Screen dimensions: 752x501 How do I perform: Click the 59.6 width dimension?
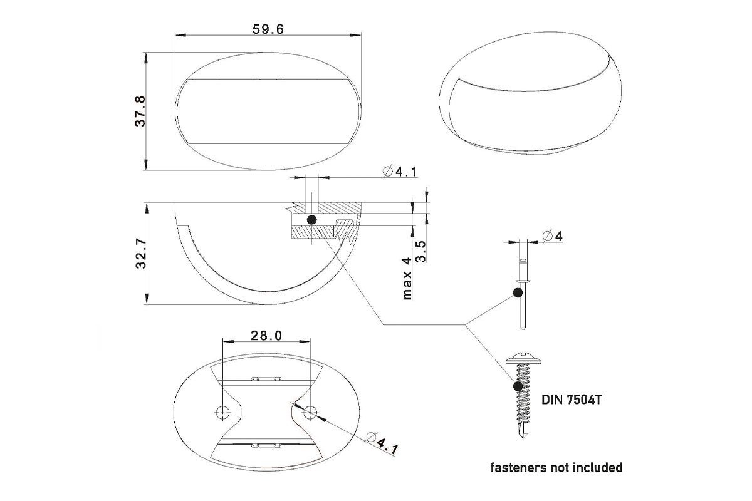point(268,29)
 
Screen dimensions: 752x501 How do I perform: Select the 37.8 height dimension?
point(140,111)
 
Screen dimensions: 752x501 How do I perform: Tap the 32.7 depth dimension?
point(141,254)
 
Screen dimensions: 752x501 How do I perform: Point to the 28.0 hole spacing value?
point(266,335)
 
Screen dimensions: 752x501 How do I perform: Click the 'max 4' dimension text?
point(407,278)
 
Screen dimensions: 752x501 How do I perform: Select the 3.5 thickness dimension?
point(420,251)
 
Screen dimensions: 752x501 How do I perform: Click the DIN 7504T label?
point(572,400)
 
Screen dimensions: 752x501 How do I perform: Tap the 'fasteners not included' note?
point(556,467)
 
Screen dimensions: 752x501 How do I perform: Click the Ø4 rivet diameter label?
point(553,236)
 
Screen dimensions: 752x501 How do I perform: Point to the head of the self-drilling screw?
point(524,359)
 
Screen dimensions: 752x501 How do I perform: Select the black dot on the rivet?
point(518,292)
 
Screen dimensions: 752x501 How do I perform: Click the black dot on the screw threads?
point(518,386)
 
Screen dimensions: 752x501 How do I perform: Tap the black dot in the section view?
point(312,220)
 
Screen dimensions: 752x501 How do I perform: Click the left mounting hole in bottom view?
point(223,411)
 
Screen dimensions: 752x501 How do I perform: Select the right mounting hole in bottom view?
point(310,411)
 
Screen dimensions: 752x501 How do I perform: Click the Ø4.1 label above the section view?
point(400,172)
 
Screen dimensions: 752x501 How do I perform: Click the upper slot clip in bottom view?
point(266,378)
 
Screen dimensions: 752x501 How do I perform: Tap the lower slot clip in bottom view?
point(266,445)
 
